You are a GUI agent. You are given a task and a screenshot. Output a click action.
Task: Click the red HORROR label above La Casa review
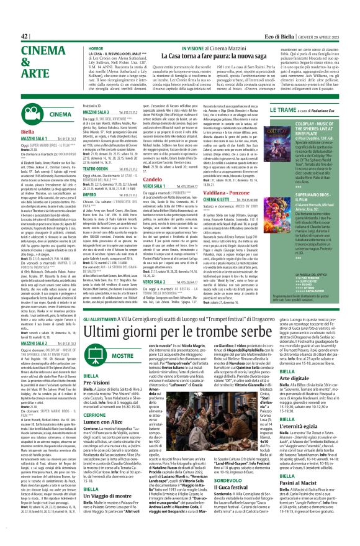(96, 29)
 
